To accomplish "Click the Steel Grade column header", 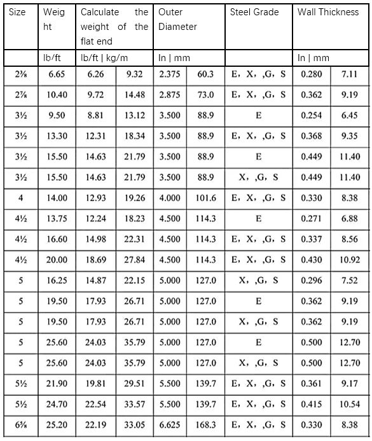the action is [x=254, y=12].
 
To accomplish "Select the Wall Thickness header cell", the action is [x=328, y=12].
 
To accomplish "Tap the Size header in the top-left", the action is [x=18, y=12].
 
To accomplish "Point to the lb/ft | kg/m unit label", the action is [x=105, y=58].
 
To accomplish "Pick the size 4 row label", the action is [x=21, y=198].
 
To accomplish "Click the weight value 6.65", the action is [x=57, y=74].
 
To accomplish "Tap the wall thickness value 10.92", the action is [x=350, y=260].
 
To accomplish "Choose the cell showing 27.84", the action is [x=135, y=260].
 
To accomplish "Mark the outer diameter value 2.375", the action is [x=170, y=74].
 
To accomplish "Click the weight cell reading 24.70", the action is [x=57, y=404].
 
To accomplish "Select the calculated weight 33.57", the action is [x=135, y=404].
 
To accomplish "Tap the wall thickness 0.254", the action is [x=311, y=116].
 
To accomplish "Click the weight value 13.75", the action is [x=57, y=218].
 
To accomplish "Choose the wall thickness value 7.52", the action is [x=350, y=281].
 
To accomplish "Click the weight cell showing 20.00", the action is [x=57, y=260].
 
